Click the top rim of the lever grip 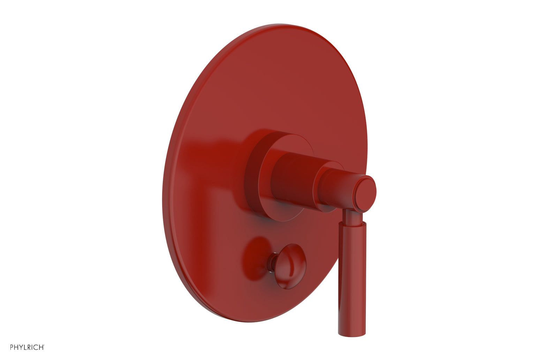click(x=353, y=225)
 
